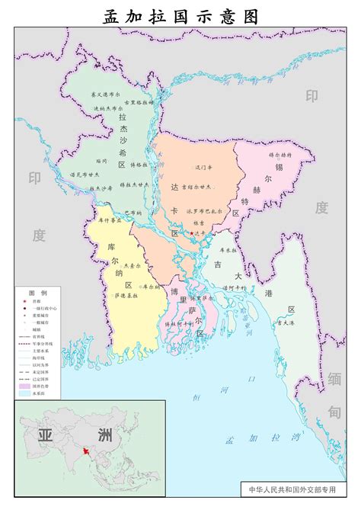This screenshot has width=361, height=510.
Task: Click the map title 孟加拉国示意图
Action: coord(180,16)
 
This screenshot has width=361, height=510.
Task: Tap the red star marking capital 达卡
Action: coord(191,232)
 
